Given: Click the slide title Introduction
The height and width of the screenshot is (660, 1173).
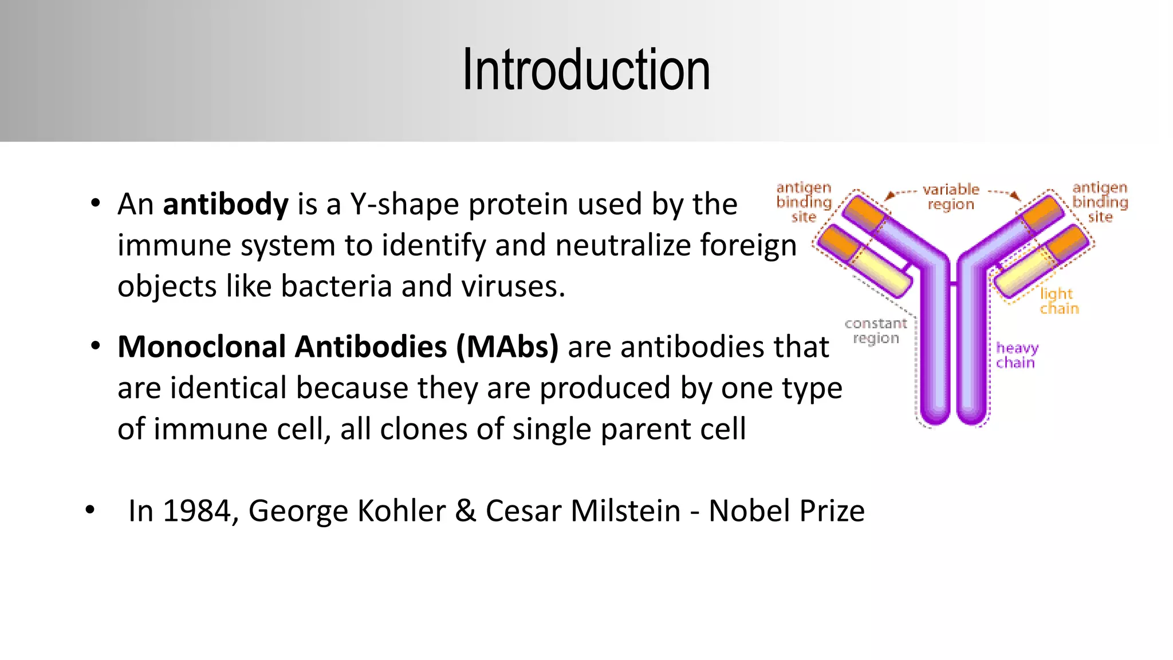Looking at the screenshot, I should (586, 70).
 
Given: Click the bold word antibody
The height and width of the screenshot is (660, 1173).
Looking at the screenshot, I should (226, 205).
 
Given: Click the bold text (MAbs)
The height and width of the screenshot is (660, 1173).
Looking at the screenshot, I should (507, 347).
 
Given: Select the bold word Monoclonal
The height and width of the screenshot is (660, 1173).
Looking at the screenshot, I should (202, 347).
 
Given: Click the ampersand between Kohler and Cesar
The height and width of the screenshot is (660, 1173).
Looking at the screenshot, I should (466, 510).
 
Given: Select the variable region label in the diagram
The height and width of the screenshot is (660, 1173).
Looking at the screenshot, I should (951, 197).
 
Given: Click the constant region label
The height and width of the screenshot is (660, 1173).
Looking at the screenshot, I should (876, 331).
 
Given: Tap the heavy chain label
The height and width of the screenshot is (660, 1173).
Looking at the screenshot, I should (1017, 355).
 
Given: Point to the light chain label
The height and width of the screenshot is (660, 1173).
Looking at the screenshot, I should (1058, 301).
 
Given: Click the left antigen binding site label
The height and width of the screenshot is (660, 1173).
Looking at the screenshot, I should (804, 202).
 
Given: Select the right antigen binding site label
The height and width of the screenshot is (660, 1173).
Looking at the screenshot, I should (1100, 202).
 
